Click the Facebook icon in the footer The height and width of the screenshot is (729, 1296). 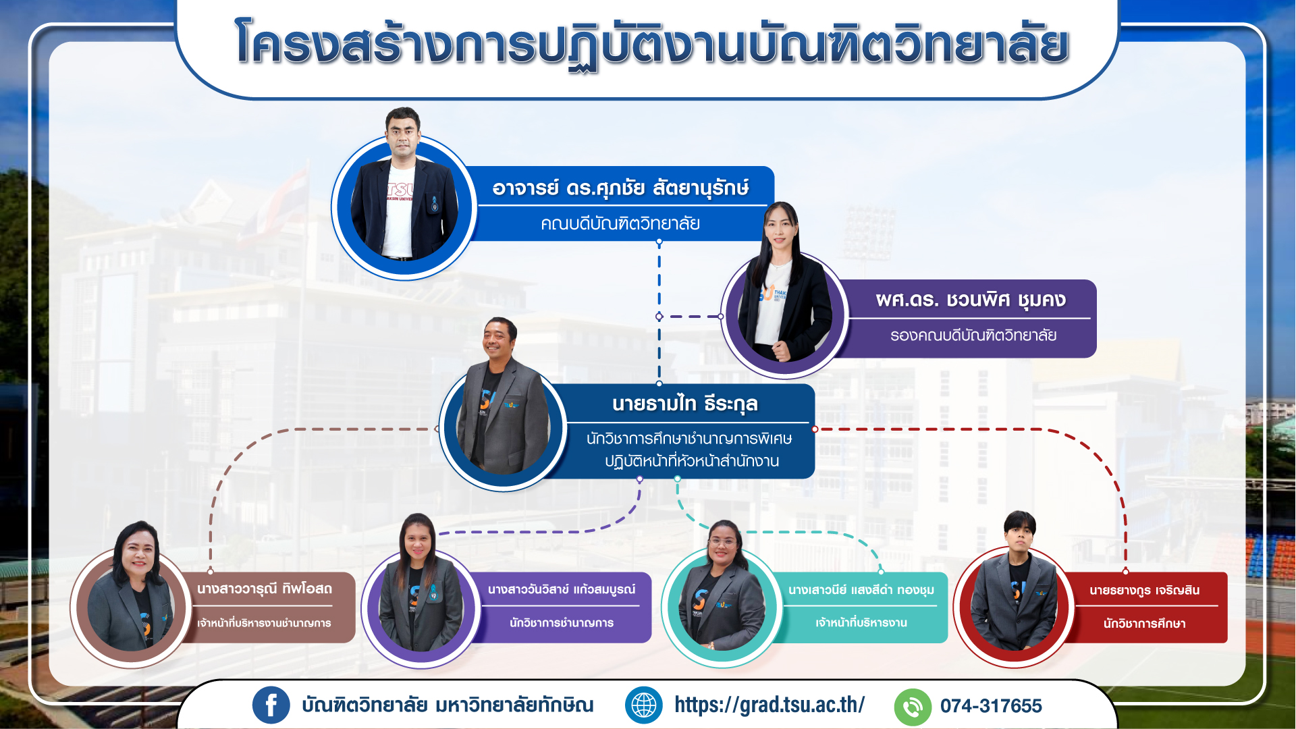[271, 705]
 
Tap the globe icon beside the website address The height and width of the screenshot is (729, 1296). [644, 705]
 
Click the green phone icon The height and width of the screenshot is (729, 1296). [913, 707]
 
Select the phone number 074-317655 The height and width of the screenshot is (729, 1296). [991, 706]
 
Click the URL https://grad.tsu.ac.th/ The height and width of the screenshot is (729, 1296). [769, 705]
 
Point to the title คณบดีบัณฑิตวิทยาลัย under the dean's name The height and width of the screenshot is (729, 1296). [620, 223]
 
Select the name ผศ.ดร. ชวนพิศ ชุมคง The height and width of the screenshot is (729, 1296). [971, 299]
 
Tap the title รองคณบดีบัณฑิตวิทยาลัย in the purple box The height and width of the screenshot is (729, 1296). [973, 335]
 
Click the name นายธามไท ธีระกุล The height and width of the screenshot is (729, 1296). [685, 404]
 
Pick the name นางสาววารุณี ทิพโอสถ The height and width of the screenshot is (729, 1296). [265, 589]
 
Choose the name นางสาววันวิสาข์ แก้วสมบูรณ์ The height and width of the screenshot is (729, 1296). [562, 589]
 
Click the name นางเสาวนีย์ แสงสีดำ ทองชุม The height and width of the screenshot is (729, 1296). [861, 590]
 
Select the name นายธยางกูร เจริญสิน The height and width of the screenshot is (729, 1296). [1145, 590]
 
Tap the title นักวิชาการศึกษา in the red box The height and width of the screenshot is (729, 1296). [1145, 624]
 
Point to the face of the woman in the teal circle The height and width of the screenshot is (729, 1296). [723, 544]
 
